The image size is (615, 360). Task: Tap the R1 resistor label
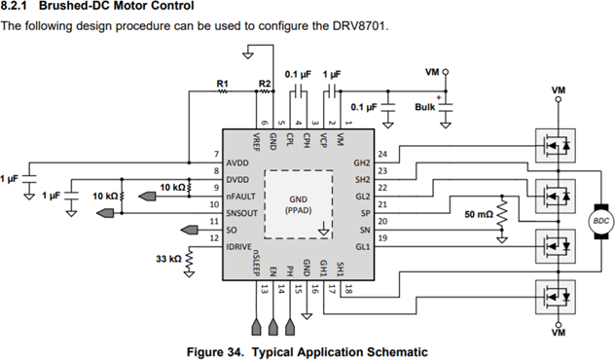point(222,84)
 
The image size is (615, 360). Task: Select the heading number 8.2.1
point(18,7)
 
